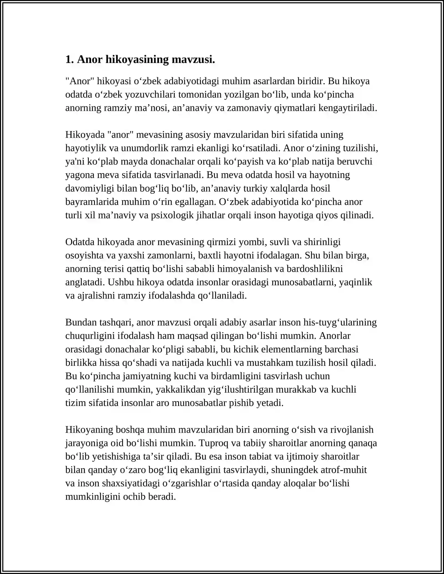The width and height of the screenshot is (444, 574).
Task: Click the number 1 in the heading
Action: pyautogui.click(x=68, y=60)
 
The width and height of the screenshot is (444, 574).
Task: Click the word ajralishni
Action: pyautogui.click(x=96, y=296)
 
